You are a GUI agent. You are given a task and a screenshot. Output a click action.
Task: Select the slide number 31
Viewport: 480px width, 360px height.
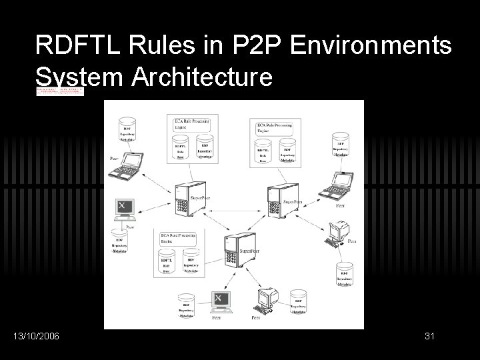pos(429,337)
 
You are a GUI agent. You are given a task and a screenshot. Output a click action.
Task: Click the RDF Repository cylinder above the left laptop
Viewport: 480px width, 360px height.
pos(126,131)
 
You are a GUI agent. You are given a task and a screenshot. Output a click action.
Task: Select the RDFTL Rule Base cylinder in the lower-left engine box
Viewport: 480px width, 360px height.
pos(167,263)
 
